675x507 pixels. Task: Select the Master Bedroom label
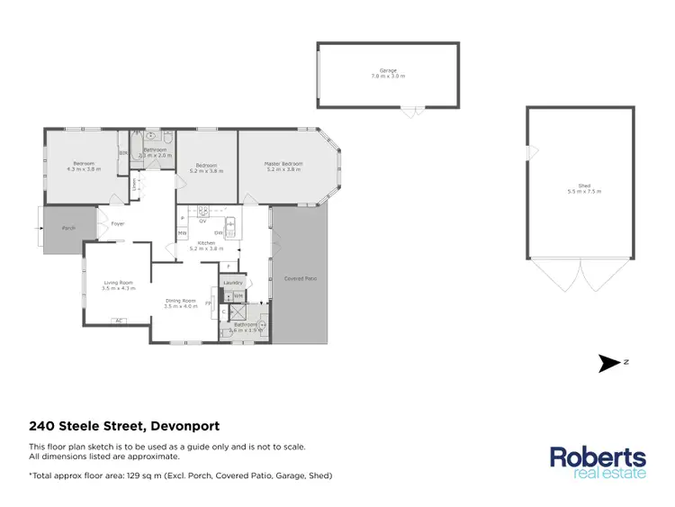pos(283,164)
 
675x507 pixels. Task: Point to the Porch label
pos(67,230)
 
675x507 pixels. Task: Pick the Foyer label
pos(117,223)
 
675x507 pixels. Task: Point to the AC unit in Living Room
pos(118,321)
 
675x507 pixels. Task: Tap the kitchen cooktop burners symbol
pos(203,212)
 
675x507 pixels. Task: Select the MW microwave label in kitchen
pos(182,233)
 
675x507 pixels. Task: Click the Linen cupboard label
pos(134,186)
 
